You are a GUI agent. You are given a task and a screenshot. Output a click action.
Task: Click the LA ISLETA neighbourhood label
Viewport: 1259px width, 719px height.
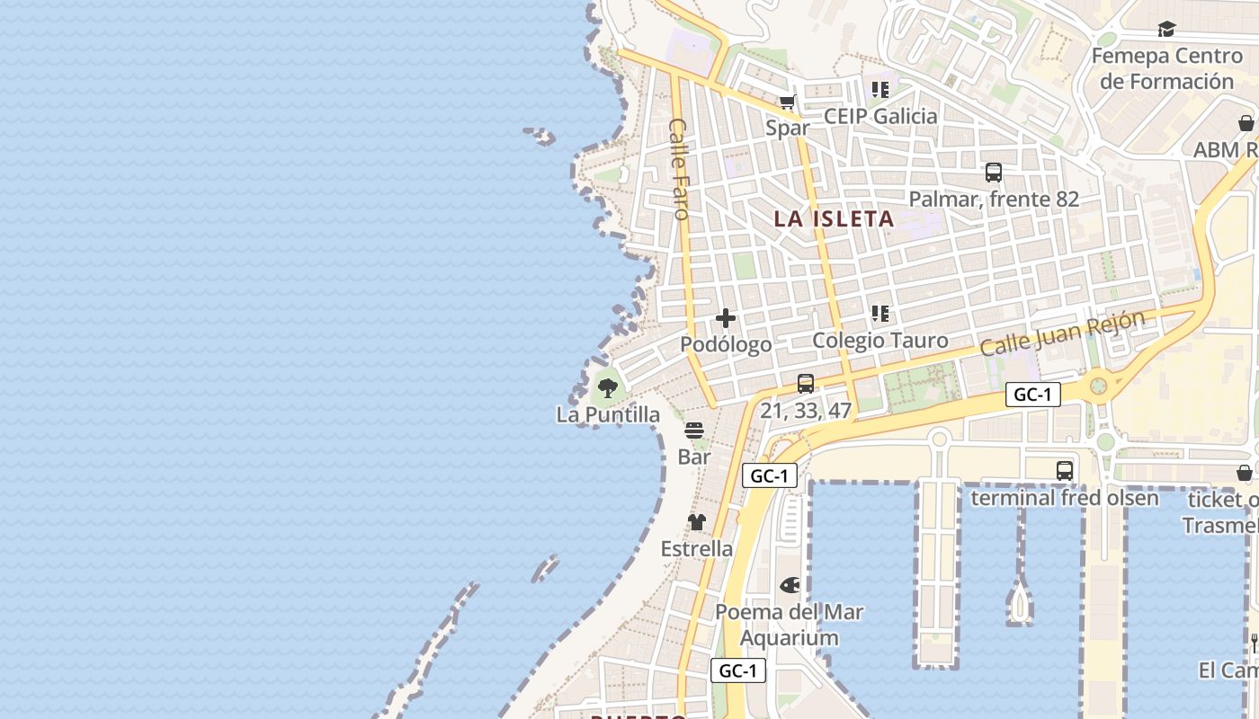click(x=835, y=218)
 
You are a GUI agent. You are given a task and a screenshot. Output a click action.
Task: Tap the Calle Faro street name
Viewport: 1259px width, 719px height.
click(x=679, y=169)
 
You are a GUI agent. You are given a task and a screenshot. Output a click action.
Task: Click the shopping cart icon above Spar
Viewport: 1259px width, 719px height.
click(x=788, y=102)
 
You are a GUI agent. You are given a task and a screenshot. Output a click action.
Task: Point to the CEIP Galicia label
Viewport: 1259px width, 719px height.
click(x=880, y=116)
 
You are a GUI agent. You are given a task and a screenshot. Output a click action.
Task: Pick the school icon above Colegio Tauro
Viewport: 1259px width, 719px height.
click(x=880, y=314)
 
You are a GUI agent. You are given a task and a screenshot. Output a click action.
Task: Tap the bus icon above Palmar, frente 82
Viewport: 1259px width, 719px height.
click(x=994, y=173)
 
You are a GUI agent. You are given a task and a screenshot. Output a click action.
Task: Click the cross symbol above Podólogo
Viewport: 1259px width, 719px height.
click(x=726, y=318)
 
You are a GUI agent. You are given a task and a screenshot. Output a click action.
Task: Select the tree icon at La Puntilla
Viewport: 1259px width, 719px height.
click(x=608, y=388)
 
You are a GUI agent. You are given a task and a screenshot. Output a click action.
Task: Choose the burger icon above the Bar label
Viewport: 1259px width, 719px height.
click(x=694, y=431)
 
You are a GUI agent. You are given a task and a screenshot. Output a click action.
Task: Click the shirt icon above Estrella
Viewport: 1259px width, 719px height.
click(x=697, y=522)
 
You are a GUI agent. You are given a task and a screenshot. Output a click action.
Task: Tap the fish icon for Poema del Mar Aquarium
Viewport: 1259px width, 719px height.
click(x=790, y=586)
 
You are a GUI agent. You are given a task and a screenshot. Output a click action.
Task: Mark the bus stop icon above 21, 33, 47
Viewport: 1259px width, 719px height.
click(x=806, y=384)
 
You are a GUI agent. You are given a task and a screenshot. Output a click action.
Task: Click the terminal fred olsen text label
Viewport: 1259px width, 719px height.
click(x=1065, y=497)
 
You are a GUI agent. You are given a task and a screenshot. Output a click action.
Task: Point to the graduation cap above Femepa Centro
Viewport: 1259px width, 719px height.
click(x=1166, y=30)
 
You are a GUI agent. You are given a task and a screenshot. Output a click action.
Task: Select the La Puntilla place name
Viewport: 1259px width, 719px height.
click(x=608, y=414)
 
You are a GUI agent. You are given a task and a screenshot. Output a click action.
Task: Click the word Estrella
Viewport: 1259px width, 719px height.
click(x=697, y=548)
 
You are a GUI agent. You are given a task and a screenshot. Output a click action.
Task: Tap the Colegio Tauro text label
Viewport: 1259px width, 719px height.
click(x=880, y=341)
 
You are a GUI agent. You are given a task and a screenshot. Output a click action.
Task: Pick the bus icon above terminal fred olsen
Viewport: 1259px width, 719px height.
click(x=1065, y=470)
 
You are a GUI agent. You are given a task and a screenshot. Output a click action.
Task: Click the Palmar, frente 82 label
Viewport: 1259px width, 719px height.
click(x=994, y=199)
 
